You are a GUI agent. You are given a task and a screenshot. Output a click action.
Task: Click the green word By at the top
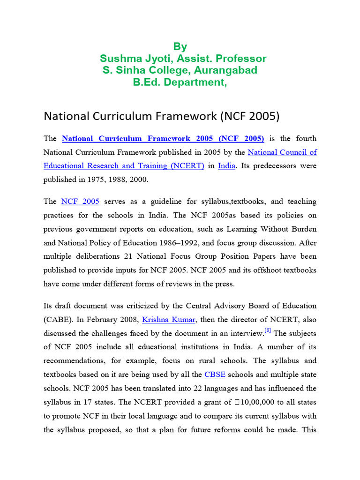[180, 46]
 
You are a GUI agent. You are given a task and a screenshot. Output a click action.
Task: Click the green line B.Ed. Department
[180, 82]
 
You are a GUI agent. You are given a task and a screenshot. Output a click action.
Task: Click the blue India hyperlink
[226, 166]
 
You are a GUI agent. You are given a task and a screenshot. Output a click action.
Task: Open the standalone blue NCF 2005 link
[80, 202]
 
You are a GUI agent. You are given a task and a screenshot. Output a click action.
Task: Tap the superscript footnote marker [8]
[268, 330]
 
